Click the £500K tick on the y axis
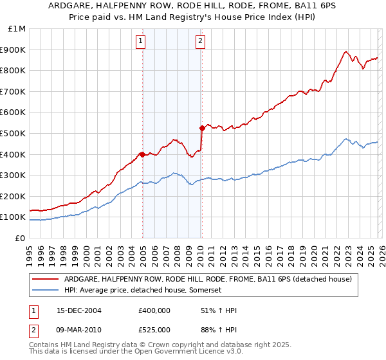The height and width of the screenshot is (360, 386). tap(14, 133)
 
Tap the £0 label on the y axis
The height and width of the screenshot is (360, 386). tap(21, 238)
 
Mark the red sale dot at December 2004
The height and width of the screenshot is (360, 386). tap(142, 154)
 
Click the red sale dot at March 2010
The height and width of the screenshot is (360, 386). tap(202, 128)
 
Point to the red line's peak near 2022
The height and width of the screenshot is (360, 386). tap(346, 52)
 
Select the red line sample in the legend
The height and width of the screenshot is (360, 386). tap(46, 280)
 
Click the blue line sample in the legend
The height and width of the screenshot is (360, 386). tap(46, 291)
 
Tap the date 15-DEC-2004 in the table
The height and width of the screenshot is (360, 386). tap(79, 310)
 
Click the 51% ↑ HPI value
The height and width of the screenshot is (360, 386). tap(219, 310)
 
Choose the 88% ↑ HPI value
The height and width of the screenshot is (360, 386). tap(219, 329)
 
